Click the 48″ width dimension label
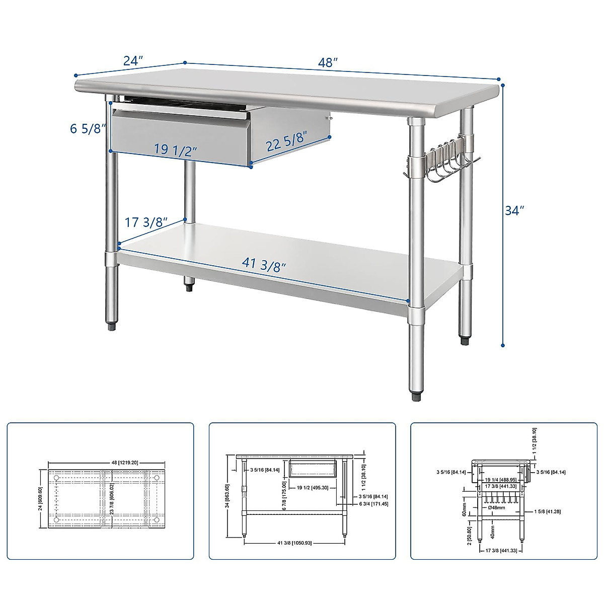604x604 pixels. coord(328,63)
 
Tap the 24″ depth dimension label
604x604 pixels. coord(133,61)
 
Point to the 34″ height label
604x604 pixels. coord(514,210)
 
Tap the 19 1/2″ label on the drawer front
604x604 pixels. coord(175,149)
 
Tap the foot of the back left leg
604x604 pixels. coord(190,288)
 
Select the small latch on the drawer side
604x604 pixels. coord(330,118)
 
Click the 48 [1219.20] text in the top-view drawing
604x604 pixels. coord(107,462)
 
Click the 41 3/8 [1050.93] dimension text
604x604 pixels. coord(295,543)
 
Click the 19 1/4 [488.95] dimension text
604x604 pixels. coord(500,480)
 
